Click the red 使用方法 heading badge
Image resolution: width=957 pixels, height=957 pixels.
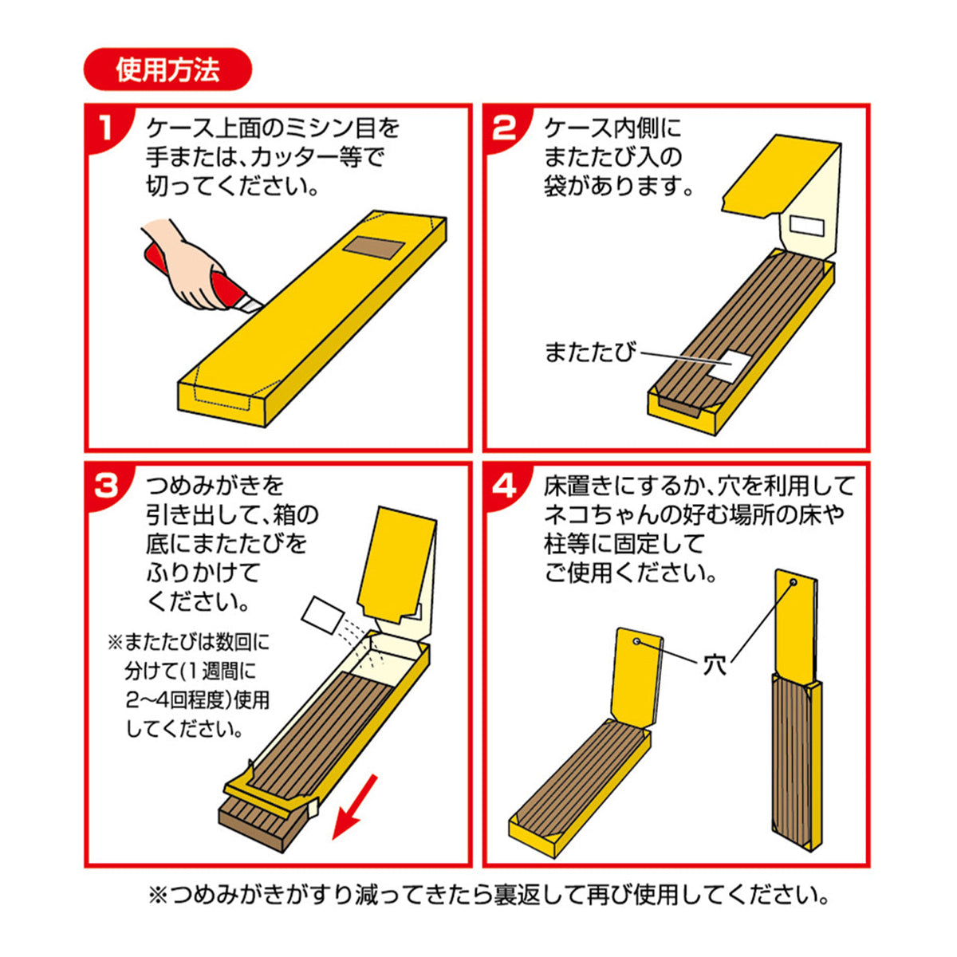(167, 69)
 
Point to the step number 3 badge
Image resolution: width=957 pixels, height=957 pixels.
(106, 485)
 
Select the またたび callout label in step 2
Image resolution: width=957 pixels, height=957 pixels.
(589, 352)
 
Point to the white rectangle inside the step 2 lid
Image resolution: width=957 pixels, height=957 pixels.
(807, 226)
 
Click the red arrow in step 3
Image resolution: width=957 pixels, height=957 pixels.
(354, 808)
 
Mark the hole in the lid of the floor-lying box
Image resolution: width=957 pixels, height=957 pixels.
(636, 642)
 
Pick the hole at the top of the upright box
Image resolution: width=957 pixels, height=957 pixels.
(793, 581)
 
